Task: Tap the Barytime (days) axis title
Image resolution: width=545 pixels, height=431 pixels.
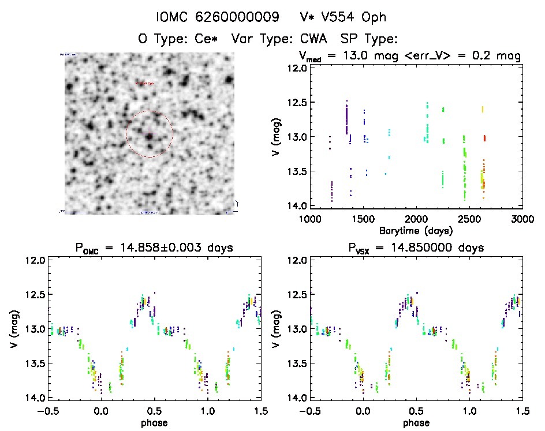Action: click(416, 230)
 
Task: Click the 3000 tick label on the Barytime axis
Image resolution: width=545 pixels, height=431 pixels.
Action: click(522, 219)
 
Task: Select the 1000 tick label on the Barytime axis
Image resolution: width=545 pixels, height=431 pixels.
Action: click(310, 219)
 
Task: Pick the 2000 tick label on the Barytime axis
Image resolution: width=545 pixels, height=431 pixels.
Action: click(416, 219)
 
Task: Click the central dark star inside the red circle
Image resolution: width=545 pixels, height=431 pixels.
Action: click(150, 136)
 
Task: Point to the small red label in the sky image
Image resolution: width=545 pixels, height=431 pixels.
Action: click(145, 83)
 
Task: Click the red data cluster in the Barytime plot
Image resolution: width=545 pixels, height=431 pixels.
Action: click(484, 138)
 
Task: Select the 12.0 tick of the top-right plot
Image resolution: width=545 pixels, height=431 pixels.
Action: click(298, 68)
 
